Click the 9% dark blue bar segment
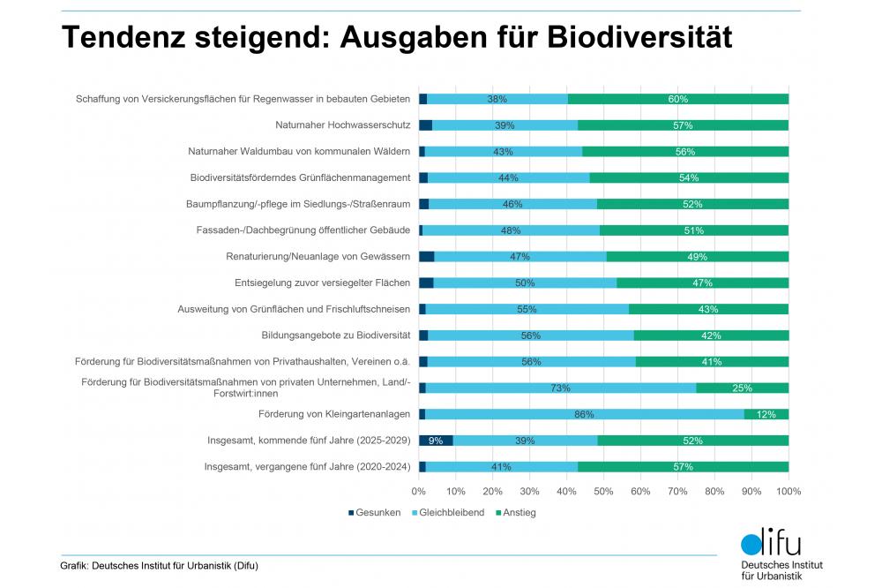[435, 441]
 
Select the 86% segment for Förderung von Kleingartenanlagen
[584, 414]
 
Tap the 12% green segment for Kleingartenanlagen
[766, 414]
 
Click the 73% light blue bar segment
[560, 388]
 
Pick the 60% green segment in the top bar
[677, 99]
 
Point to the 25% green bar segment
[742, 388]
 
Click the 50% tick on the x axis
[603, 490]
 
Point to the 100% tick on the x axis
[788, 490]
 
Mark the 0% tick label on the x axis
[419, 490]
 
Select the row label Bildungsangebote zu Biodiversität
[336, 335]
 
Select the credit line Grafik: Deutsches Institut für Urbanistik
[159, 566]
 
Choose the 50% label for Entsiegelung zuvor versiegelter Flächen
[526, 283]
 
